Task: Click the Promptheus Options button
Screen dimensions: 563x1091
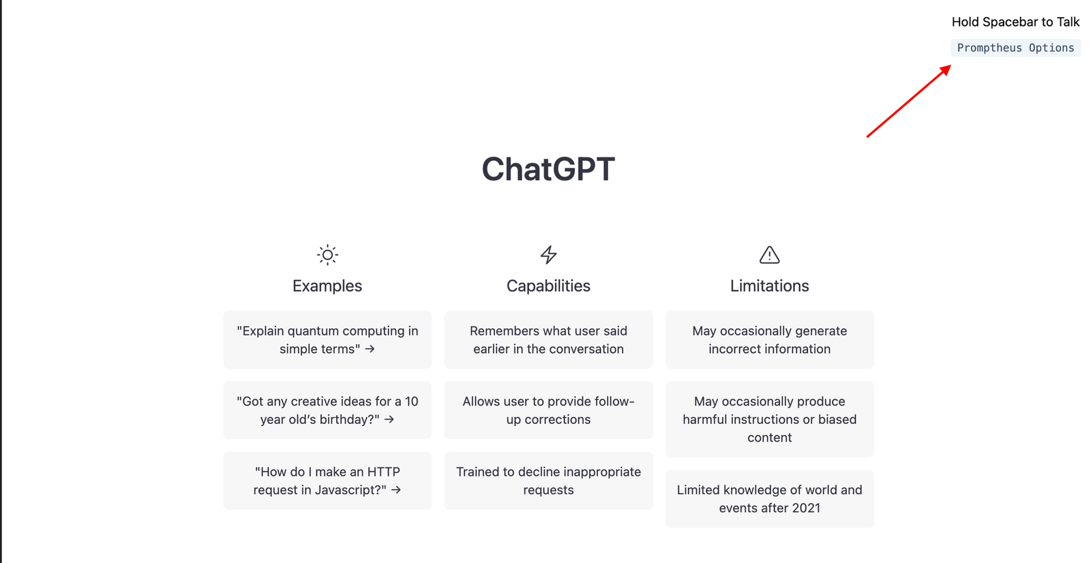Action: tap(1015, 48)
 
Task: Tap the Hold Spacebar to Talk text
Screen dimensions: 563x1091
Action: tap(1015, 22)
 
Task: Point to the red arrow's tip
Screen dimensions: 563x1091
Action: tap(950, 65)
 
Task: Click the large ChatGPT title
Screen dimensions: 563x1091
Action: tap(548, 169)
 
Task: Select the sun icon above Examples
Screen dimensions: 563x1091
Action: tap(327, 255)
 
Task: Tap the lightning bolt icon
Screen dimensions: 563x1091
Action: tap(548, 255)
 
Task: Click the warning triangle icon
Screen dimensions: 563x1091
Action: tap(769, 255)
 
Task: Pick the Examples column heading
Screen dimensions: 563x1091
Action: tap(327, 286)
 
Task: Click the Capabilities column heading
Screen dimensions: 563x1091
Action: tap(548, 286)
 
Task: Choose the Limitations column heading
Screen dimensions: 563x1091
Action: tap(769, 286)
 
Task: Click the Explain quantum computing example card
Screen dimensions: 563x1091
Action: tap(327, 339)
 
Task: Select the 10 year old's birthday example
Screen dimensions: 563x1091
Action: tap(327, 410)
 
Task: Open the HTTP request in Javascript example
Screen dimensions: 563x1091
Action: tap(327, 481)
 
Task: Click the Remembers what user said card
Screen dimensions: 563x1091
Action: tap(548, 339)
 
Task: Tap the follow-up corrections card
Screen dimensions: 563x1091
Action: tap(548, 410)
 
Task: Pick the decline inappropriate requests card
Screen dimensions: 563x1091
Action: tap(548, 481)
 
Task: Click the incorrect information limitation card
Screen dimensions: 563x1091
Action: tap(769, 339)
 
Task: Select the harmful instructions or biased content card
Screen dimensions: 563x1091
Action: tap(769, 419)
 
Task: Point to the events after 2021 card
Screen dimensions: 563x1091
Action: tap(769, 498)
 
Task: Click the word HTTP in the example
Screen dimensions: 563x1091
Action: tap(383, 472)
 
